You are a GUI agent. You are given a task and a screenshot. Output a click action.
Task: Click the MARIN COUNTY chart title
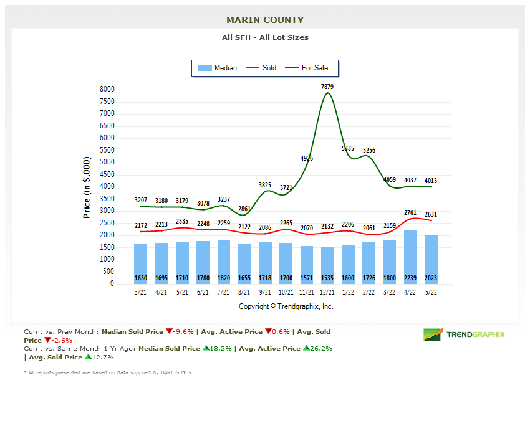[x=265, y=21]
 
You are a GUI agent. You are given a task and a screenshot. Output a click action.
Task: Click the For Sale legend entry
[x=307, y=68]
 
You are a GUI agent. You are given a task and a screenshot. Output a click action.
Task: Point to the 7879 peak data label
[x=327, y=87]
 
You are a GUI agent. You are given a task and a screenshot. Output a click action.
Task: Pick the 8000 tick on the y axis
[x=107, y=90]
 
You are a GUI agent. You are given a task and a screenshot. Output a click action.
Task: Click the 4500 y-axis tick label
[x=107, y=174]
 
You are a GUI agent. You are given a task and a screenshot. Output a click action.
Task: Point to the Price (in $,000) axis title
[x=87, y=187]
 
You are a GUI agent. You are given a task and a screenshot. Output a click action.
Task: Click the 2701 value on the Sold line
[x=410, y=212]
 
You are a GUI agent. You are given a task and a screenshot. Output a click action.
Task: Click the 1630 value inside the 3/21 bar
[x=141, y=278]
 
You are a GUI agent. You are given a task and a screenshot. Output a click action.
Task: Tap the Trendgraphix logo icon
[x=433, y=334]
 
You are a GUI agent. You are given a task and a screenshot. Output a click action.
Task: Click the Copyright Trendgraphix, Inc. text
[x=286, y=306]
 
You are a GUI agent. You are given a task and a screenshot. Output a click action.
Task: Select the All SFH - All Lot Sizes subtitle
[x=265, y=37]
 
